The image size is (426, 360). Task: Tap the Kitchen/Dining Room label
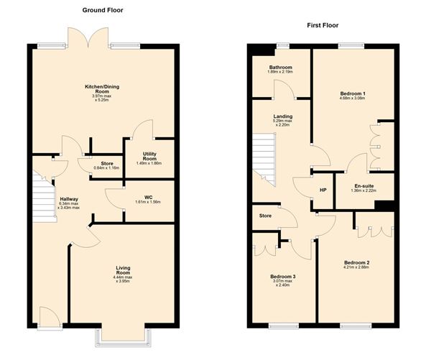click(x=101, y=89)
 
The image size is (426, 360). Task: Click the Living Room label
click(x=124, y=270)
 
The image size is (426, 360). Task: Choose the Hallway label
click(x=70, y=199)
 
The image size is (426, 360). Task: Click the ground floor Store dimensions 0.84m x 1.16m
click(x=106, y=168)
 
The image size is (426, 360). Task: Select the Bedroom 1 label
click(x=353, y=93)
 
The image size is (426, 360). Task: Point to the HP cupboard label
click(x=323, y=190)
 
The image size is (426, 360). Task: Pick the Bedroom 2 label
click(x=356, y=263)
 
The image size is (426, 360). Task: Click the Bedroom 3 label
click(x=282, y=277)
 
